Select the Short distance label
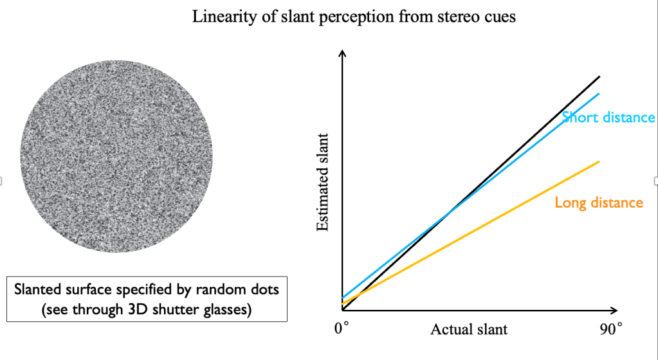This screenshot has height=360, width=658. pos(608,118)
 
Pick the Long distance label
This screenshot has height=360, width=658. pos(599,203)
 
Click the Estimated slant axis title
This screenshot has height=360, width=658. pos(324,182)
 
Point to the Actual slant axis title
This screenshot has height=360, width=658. pos(468,330)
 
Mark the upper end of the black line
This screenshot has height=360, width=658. pos(599,77)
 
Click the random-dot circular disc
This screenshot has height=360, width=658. pos(116,153)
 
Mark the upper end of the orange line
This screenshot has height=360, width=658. pos(599,161)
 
